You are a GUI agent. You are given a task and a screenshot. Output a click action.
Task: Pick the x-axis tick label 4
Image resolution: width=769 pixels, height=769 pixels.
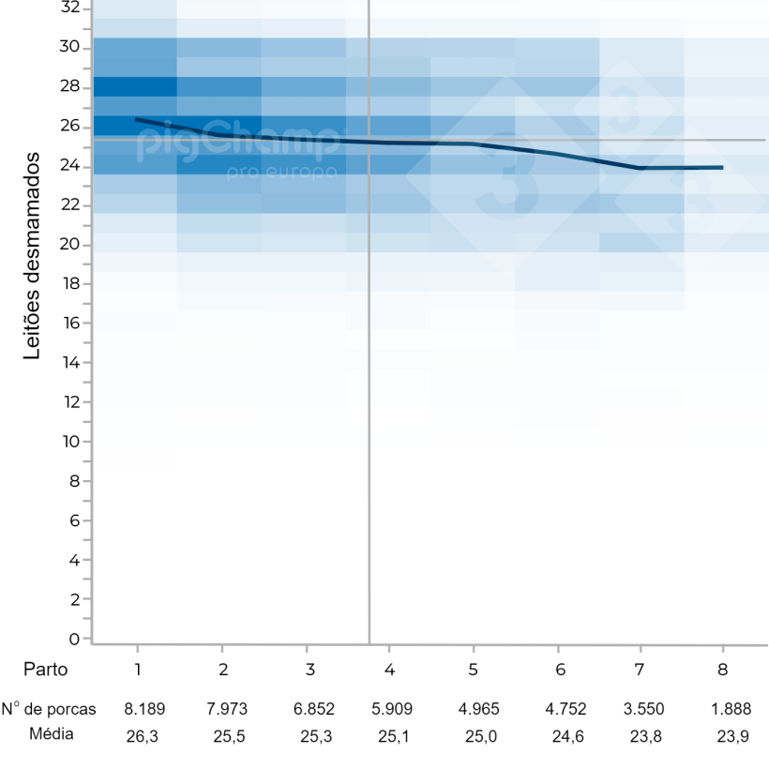point(388,670)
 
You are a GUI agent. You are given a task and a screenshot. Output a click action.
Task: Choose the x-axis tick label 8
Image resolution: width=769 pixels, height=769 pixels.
point(722,670)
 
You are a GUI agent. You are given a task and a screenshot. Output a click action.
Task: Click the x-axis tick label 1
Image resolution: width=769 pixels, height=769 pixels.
point(138,670)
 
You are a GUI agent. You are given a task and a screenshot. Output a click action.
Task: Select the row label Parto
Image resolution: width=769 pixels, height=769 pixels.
point(46,670)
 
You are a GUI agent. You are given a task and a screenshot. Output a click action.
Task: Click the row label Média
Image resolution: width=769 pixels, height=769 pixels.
point(50,734)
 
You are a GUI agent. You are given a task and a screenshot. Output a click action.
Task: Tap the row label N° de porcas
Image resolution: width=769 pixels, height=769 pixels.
point(49,709)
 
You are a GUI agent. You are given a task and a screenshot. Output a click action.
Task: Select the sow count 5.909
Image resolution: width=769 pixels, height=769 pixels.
point(393,710)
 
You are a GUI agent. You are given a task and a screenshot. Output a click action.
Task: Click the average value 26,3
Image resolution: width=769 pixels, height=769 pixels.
point(143,736)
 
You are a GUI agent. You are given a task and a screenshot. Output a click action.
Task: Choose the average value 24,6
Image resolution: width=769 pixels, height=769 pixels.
point(560,736)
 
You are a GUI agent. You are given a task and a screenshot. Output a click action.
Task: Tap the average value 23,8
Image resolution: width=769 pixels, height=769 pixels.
point(645,736)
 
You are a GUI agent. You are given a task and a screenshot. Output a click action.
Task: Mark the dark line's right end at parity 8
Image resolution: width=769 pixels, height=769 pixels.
point(722,167)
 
